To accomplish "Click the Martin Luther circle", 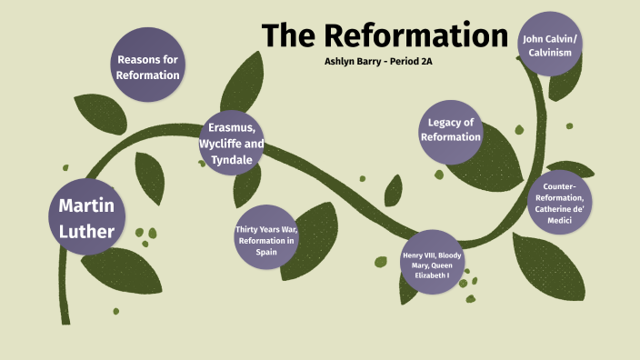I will tap(85, 218).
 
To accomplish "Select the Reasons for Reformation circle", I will tap(147, 66).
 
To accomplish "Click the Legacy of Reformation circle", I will tap(450, 130).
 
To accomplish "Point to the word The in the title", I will tap(290, 35).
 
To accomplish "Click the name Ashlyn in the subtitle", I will tap(345, 65).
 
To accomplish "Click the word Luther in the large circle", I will tap(85, 231).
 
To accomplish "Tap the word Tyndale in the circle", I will tap(230, 158).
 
